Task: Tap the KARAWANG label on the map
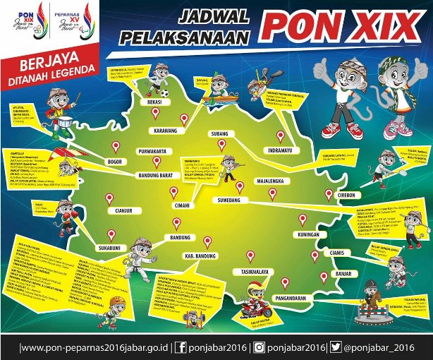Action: [161, 131]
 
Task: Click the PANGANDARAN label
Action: [284, 298]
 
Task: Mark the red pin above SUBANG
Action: [222, 144]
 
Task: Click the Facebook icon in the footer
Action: [181, 347]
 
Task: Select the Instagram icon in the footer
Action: [260, 347]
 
